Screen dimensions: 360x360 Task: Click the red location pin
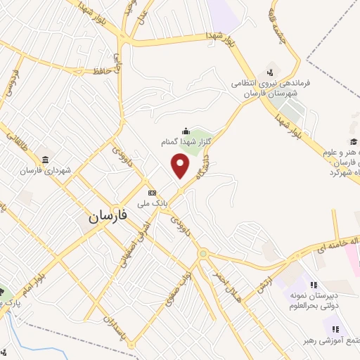tap(181, 166)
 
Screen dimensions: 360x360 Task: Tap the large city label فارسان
tap(109, 218)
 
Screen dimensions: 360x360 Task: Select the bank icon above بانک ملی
tap(151, 191)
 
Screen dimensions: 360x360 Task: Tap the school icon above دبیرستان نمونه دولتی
tap(314, 285)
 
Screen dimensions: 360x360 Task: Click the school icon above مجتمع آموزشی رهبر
tap(335, 328)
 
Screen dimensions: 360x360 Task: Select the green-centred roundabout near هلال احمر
tap(203, 253)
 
